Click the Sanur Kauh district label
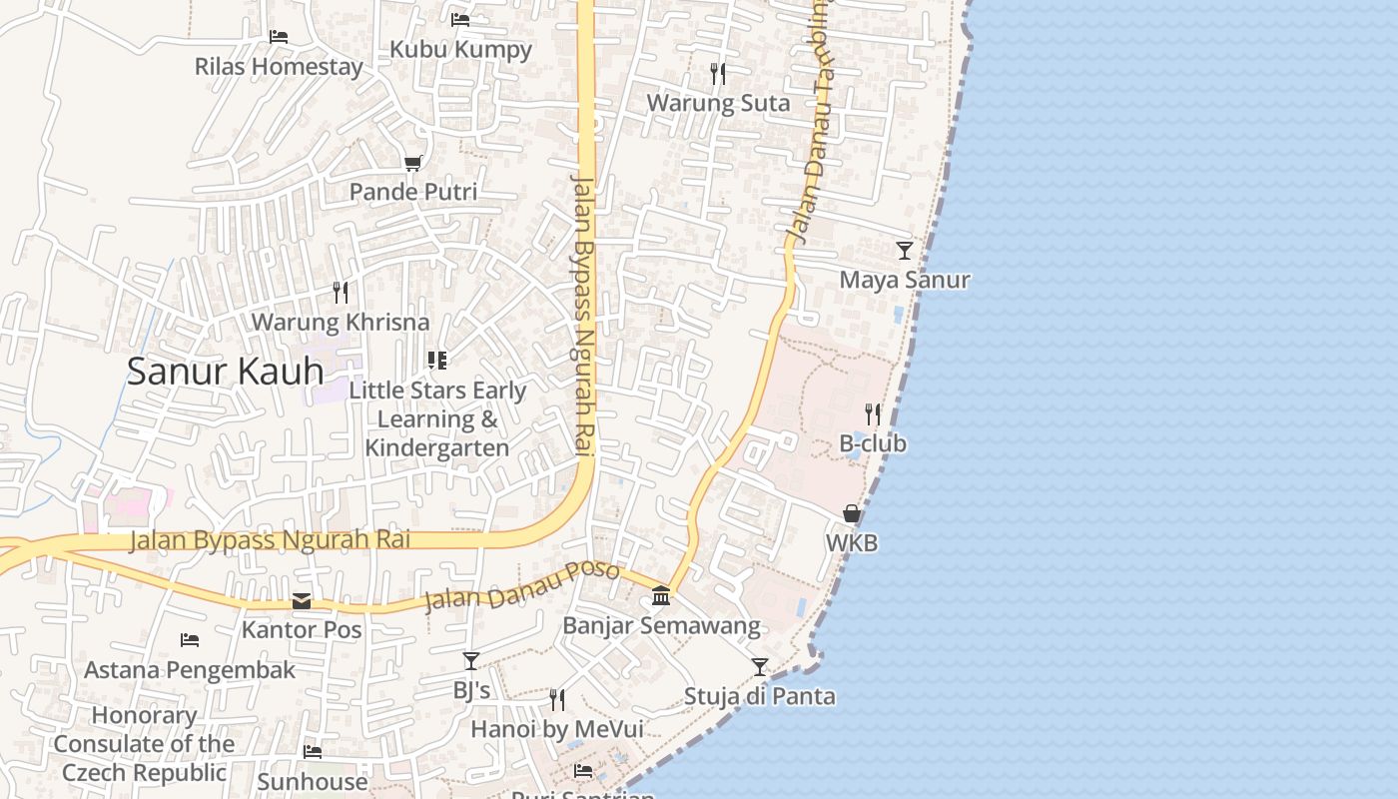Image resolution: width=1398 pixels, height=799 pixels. pyautogui.click(x=225, y=372)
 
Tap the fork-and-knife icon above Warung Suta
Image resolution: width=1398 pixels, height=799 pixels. pyautogui.click(x=717, y=73)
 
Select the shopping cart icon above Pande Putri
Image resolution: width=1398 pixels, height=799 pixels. pyautogui.click(x=412, y=162)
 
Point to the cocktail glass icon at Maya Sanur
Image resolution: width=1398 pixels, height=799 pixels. pyautogui.click(x=904, y=250)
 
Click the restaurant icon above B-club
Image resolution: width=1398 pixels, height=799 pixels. pyautogui.click(x=873, y=413)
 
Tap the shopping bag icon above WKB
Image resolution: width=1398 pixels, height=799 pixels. pyautogui.click(x=852, y=513)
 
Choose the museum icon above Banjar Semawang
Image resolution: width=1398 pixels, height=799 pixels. pyautogui.click(x=661, y=596)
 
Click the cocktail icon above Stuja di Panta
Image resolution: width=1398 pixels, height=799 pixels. pyautogui.click(x=760, y=666)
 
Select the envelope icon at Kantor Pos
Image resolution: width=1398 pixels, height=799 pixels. pyautogui.click(x=302, y=601)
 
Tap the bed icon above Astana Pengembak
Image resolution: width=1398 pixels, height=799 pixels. pyautogui.click(x=190, y=639)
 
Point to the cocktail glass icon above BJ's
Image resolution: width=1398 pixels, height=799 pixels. pyautogui.click(x=471, y=660)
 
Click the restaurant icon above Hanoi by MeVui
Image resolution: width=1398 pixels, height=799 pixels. pyautogui.click(x=557, y=699)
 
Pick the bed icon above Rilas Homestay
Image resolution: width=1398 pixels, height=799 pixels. pyautogui.click(x=279, y=37)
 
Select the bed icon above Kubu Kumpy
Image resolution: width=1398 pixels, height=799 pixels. pyautogui.click(x=460, y=19)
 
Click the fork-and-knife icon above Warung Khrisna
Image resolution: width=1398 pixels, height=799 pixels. pyautogui.click(x=341, y=292)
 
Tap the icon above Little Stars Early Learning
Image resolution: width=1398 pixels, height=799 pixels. pyautogui.click(x=436, y=360)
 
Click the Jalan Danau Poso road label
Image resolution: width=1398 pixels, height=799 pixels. pyautogui.click(x=522, y=586)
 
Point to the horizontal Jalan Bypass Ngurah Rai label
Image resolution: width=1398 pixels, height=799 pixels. pyautogui.click(x=270, y=540)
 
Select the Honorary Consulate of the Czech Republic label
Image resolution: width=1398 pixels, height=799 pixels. pyautogui.click(x=145, y=744)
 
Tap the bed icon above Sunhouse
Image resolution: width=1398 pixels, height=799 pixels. pyautogui.click(x=313, y=751)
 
